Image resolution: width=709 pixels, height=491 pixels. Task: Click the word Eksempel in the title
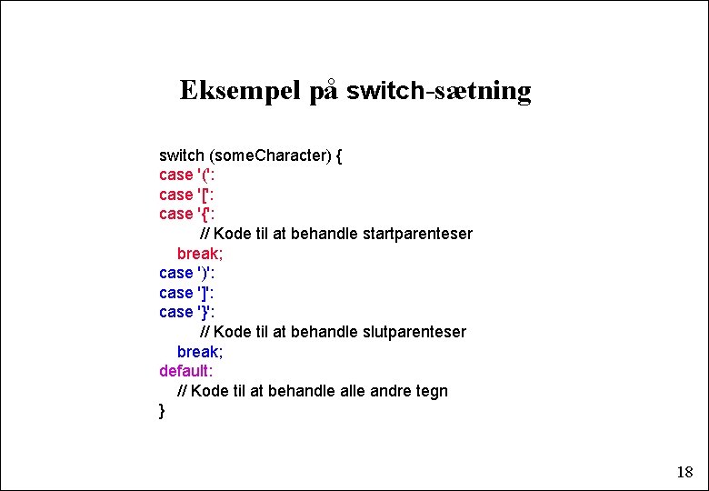[240, 91]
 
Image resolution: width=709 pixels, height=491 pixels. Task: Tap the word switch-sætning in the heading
[439, 91]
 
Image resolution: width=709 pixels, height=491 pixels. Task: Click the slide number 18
[684, 472]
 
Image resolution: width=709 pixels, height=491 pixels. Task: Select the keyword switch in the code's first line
[182, 155]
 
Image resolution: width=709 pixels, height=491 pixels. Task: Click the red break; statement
[200, 253]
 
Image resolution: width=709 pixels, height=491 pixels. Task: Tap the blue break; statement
[200, 352]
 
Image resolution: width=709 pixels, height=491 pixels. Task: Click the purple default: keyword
[185, 371]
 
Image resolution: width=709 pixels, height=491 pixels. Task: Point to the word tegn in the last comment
[432, 391]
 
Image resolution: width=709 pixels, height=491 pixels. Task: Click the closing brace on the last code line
[162, 411]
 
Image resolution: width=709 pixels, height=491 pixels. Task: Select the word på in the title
[324, 91]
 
